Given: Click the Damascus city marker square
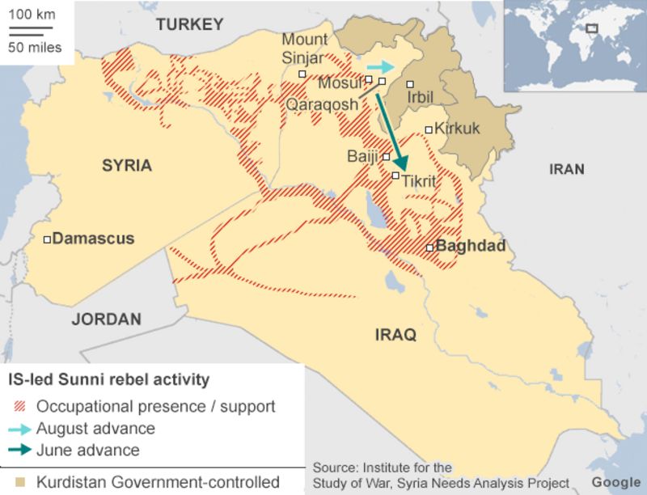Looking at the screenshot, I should (48, 239).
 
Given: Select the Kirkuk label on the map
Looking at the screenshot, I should (457, 129).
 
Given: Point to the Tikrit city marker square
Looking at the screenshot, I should (395, 176).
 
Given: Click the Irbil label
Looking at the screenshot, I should (421, 97).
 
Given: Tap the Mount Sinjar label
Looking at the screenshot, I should (304, 49).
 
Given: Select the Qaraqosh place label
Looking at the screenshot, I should (321, 104).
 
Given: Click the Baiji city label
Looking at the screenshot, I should (362, 156).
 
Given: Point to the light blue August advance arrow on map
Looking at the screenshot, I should (379, 66).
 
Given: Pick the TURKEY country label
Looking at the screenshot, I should (189, 24).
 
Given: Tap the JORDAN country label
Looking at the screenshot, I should (106, 319).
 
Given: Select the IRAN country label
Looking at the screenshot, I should (566, 169).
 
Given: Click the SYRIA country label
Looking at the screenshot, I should (126, 166).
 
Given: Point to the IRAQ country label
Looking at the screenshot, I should (395, 334).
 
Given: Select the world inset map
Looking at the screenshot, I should (574, 45).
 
